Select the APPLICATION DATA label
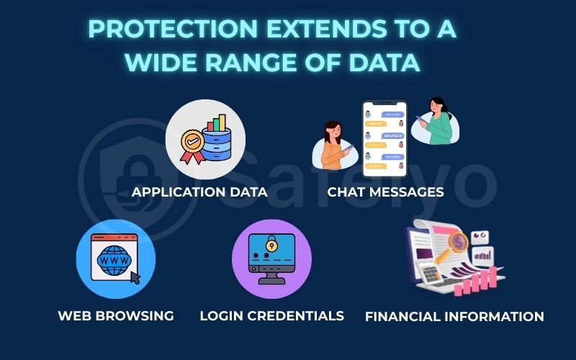pos(199,192)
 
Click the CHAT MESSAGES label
pos(385,192)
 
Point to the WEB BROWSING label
pos(116,315)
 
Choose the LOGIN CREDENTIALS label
pos(271,315)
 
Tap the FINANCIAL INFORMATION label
pos(454,316)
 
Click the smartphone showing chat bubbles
pos(384,139)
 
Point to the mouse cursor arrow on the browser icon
pos(133,276)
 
